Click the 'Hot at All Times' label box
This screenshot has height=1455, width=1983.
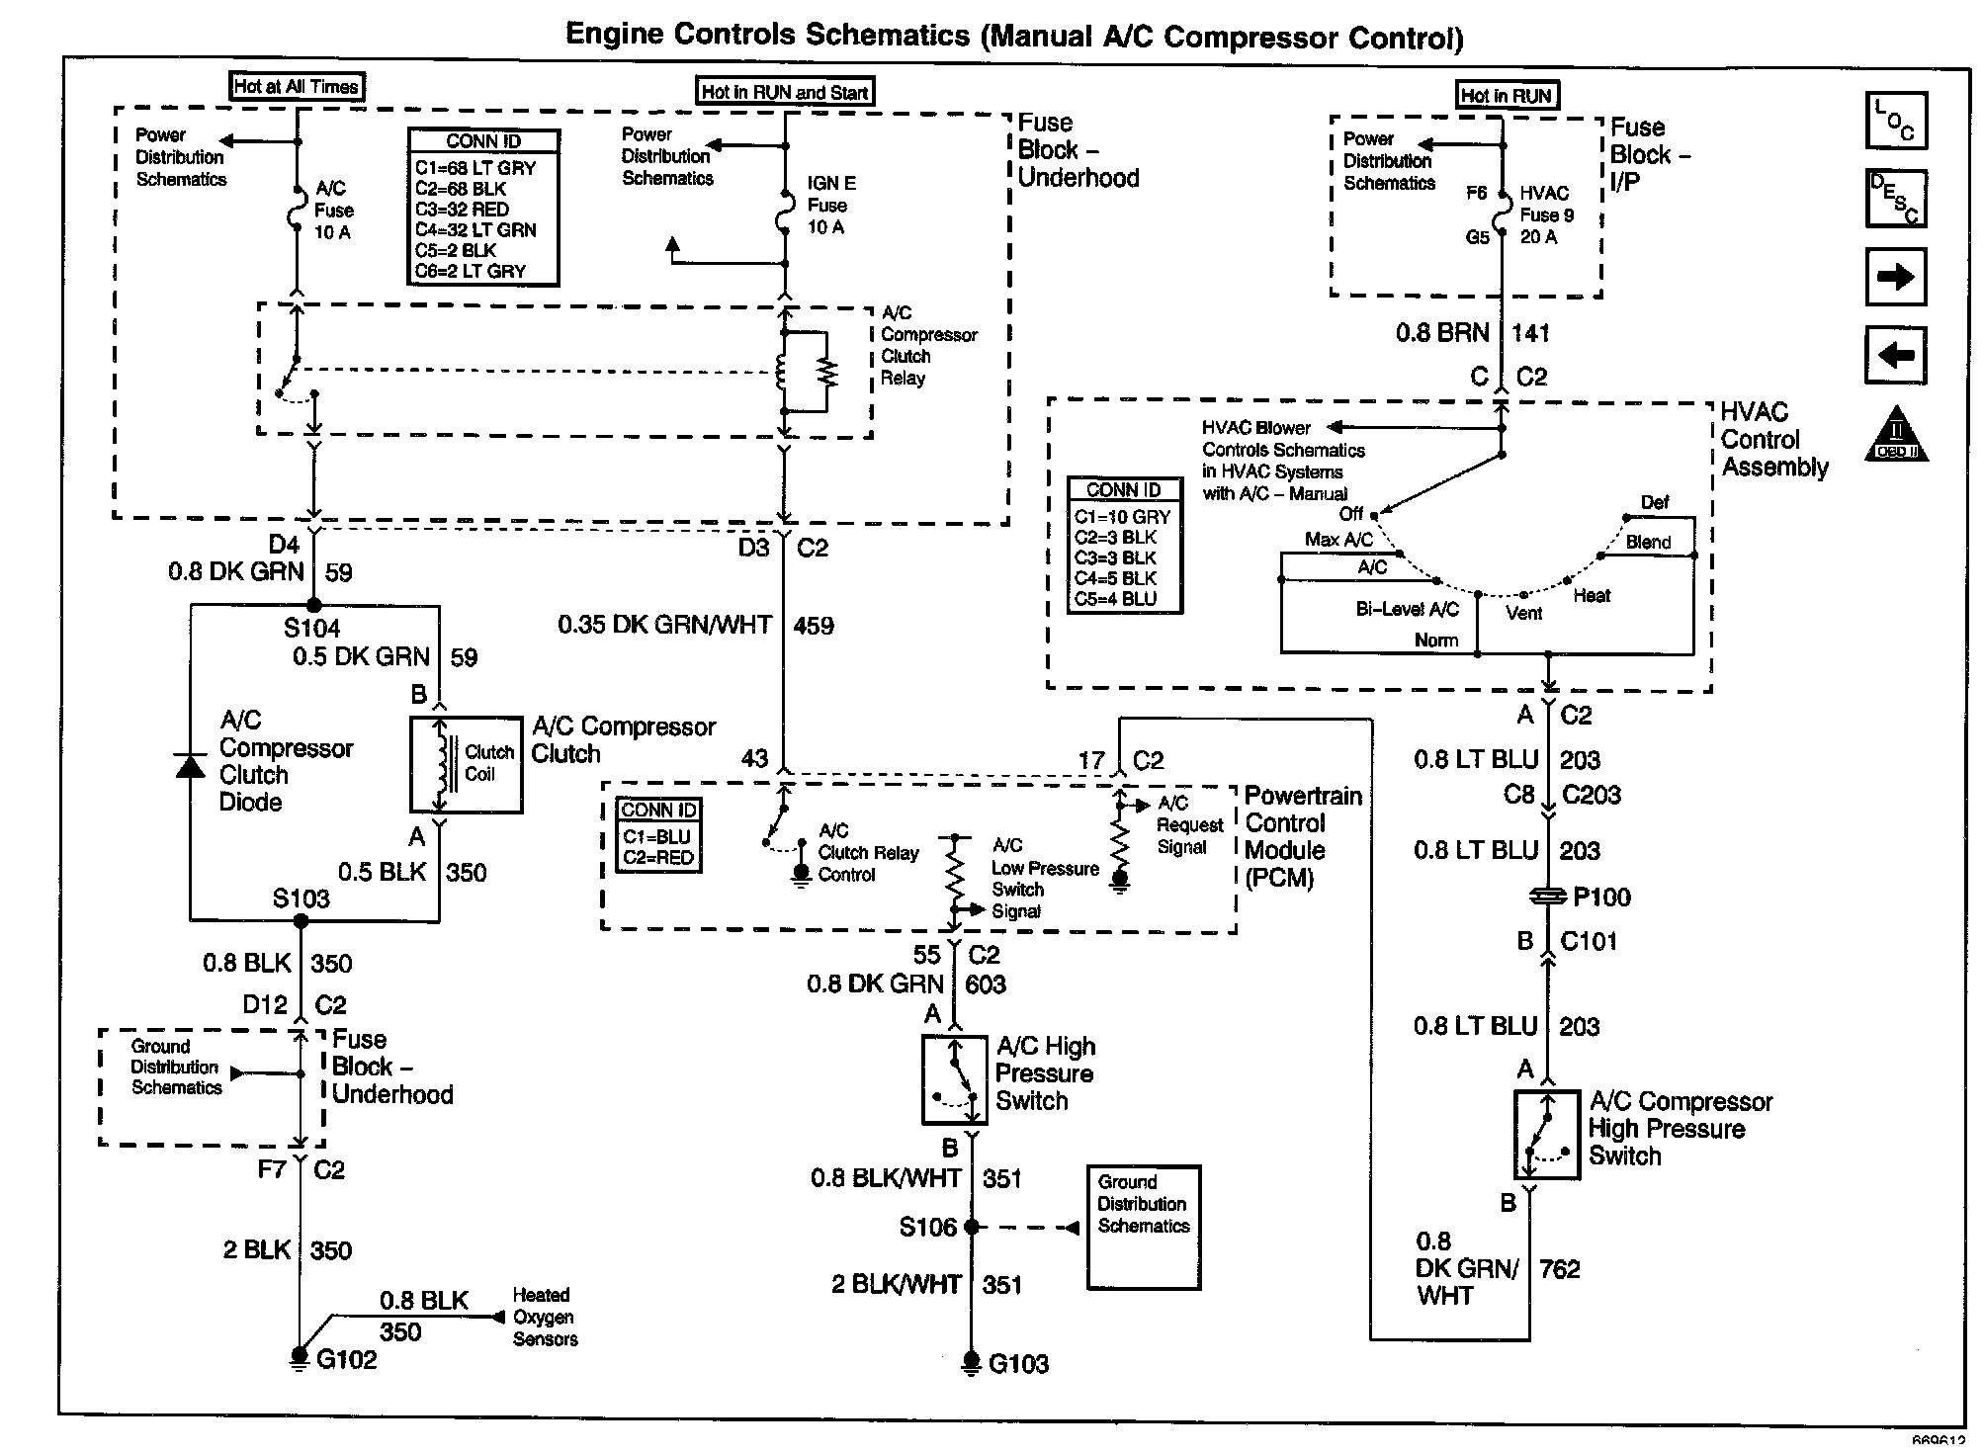(x=296, y=86)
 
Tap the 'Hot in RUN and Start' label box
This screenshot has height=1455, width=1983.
(x=785, y=92)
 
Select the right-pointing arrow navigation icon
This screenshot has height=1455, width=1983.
(x=1895, y=277)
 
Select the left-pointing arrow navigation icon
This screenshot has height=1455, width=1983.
(x=1895, y=355)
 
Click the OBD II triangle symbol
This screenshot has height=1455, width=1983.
(x=1896, y=435)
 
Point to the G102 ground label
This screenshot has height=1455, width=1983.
(x=346, y=1360)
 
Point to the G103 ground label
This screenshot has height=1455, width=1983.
(x=1018, y=1364)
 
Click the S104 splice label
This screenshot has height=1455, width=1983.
(x=311, y=628)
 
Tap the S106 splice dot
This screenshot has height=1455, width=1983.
(x=971, y=1227)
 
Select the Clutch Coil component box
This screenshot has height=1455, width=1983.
(x=467, y=764)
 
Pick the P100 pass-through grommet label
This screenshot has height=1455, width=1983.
(x=1601, y=897)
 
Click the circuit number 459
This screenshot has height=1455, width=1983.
(x=814, y=626)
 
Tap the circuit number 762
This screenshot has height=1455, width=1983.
(x=1560, y=1269)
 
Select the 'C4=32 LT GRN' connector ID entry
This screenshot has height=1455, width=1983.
(x=475, y=230)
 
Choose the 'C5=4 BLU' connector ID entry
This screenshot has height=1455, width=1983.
(x=1115, y=599)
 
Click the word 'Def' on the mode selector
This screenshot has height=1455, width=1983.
(x=1655, y=502)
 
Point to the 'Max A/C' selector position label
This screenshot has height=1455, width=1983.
(x=1338, y=540)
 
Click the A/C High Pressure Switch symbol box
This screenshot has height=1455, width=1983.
(x=955, y=1079)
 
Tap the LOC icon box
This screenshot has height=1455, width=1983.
(x=1895, y=121)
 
